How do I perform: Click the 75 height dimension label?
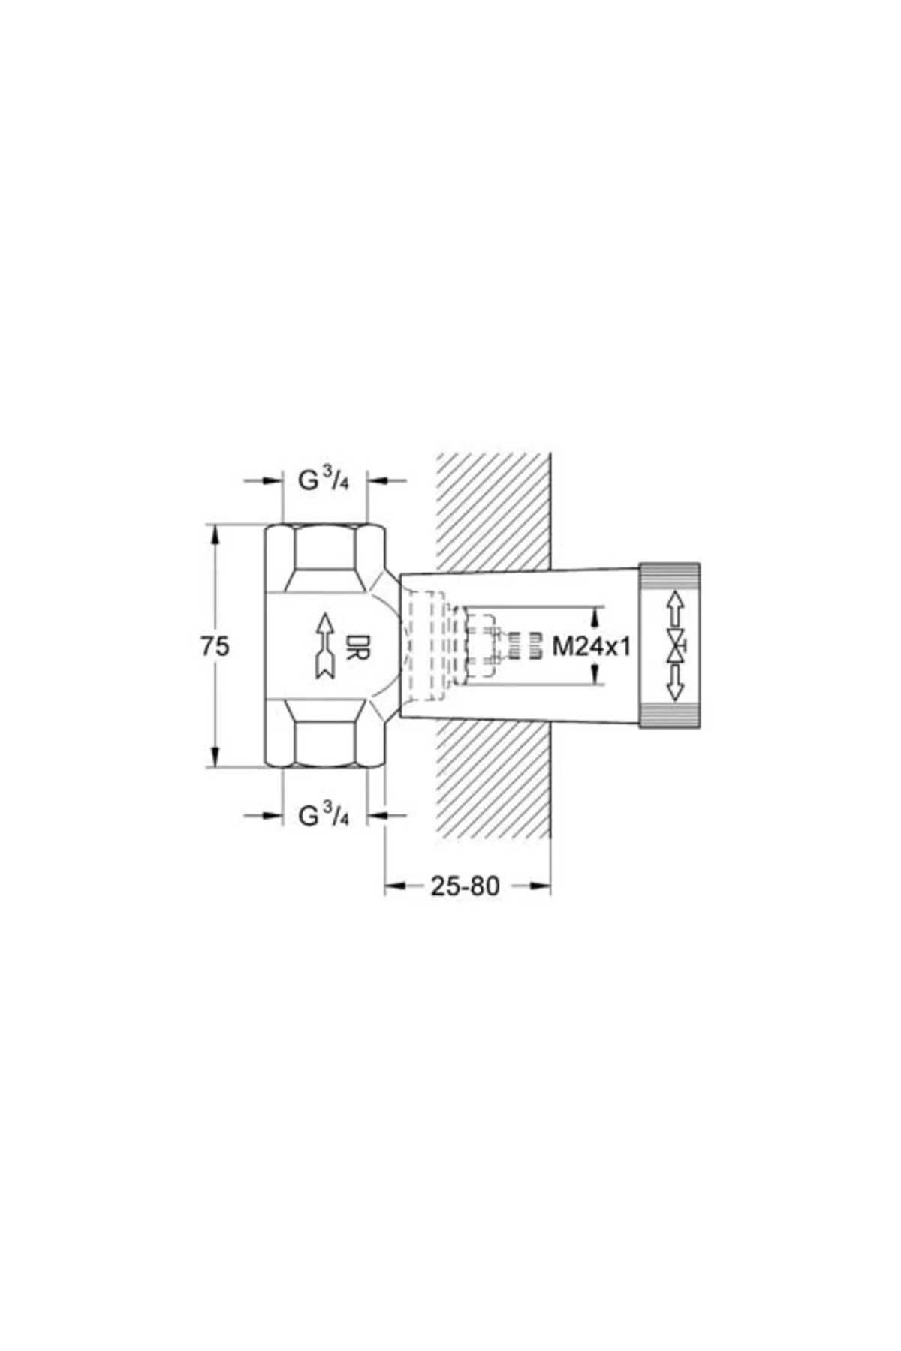[215, 645]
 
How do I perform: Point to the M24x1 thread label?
[592, 645]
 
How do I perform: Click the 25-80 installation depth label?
[465, 886]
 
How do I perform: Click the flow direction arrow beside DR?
[324, 646]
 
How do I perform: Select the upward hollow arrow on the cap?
[675, 609]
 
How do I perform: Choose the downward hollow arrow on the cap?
[675, 683]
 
